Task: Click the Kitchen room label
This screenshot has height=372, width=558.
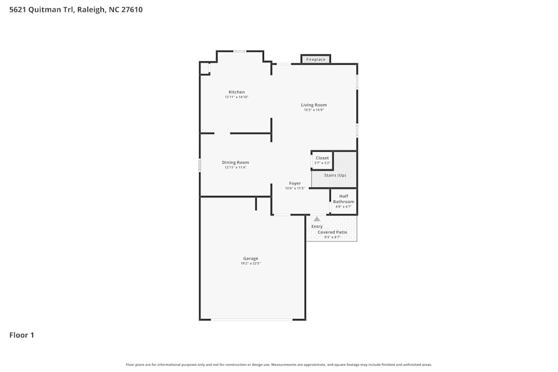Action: tap(237, 92)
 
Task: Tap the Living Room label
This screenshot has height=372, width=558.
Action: tap(314, 105)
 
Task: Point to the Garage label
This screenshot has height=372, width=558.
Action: tap(251, 258)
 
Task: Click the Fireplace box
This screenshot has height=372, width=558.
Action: tap(316, 59)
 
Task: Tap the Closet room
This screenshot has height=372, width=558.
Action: tap(322, 160)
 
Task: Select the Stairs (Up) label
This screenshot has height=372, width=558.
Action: tap(335, 175)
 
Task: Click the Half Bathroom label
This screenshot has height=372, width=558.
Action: tap(344, 199)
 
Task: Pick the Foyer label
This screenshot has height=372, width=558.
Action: tap(295, 183)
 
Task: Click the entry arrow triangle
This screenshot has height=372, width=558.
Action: tap(317, 219)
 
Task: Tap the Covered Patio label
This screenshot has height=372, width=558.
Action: tap(333, 232)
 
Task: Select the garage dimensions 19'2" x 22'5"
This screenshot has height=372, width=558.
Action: tap(251, 263)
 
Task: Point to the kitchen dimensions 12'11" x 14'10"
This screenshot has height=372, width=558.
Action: tap(237, 97)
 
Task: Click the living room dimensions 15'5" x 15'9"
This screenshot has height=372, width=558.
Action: tap(314, 110)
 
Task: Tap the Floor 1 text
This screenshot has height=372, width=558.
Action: tap(22, 335)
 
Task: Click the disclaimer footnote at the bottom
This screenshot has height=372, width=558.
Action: tap(279, 365)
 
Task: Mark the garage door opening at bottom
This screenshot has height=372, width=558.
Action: tap(252, 320)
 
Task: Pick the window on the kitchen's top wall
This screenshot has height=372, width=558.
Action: tap(240, 51)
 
